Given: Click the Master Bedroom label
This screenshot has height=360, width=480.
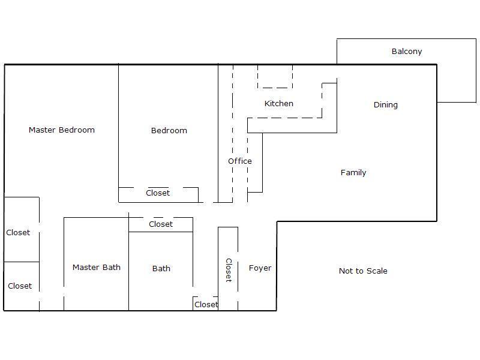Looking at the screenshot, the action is [x=62, y=130].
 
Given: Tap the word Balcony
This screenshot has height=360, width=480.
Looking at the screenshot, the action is [x=407, y=52].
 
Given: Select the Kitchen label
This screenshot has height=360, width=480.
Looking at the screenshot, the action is [x=278, y=103].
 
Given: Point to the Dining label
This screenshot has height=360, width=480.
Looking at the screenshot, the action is [x=385, y=104].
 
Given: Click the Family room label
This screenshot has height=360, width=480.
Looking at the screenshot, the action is [x=353, y=173].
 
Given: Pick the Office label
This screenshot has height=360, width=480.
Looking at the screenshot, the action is [x=239, y=161].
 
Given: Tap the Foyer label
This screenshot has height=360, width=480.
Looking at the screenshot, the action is [x=260, y=268].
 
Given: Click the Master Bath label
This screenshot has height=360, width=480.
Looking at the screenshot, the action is [x=97, y=267].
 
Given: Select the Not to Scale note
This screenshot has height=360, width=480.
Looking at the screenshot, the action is [x=363, y=271].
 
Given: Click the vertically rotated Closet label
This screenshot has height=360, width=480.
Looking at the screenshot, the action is [x=229, y=270].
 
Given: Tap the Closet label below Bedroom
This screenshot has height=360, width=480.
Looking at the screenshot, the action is [x=158, y=193].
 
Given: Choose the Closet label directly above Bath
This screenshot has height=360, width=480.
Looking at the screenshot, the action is [x=161, y=224].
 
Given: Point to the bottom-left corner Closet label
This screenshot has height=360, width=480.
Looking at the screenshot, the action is [x=20, y=286].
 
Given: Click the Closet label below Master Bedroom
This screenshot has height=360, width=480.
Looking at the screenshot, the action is [x=18, y=233].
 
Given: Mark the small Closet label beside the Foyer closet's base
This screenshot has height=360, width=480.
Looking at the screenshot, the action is [x=206, y=305].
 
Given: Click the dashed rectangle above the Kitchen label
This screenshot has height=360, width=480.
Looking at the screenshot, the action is [x=275, y=88].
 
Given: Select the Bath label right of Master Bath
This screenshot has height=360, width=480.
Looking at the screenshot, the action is [x=161, y=268].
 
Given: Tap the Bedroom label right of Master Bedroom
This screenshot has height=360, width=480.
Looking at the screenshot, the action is [x=169, y=130].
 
